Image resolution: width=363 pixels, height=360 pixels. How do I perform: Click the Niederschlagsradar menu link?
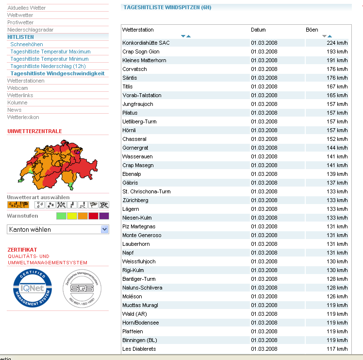coord(30,30)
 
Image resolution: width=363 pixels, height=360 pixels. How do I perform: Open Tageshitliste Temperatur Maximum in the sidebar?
coord(50,51)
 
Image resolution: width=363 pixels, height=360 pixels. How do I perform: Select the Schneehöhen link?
coord(27,44)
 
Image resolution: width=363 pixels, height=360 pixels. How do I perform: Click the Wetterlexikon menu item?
coord(23,117)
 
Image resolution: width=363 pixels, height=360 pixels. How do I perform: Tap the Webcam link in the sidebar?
coord(17,88)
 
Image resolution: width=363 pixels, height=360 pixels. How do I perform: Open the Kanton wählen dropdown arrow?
coord(104,229)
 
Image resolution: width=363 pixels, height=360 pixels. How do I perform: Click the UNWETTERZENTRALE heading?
coord(35,131)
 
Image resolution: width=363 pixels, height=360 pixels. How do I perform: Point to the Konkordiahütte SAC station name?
coord(146,43)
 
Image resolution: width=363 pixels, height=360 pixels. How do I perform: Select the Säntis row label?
coord(130,78)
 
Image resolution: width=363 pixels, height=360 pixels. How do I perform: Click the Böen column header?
coord(312,30)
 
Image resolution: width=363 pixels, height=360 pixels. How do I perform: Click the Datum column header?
coord(258,30)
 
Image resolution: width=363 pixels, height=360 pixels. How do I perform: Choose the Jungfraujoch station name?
coord(138,104)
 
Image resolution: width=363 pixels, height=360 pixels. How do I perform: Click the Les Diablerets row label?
coord(139,349)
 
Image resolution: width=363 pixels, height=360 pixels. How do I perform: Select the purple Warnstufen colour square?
coord(104,216)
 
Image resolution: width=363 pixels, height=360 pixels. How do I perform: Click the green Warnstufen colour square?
coord(61,216)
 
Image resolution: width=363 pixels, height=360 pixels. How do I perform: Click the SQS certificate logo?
coord(82,288)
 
